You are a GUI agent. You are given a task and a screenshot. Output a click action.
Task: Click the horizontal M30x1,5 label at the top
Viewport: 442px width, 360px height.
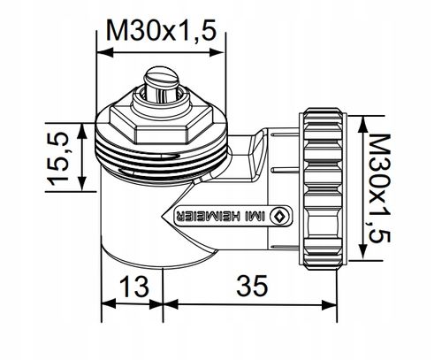click(161, 32)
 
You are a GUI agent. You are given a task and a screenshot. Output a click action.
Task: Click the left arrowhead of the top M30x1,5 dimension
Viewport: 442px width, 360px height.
click(100, 52)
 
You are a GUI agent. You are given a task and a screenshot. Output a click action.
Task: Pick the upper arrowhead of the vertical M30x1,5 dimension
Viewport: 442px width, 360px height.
click(359, 114)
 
